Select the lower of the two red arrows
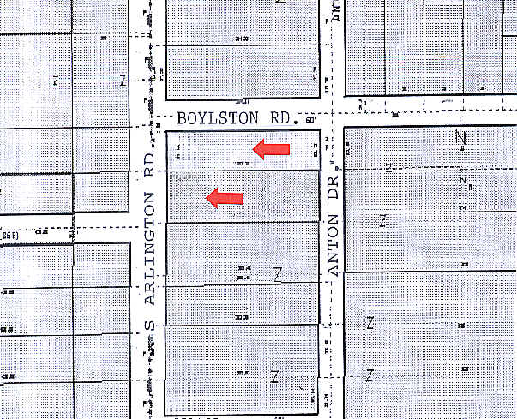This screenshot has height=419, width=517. tap(225, 199)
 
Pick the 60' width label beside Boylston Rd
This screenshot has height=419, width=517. tap(310, 120)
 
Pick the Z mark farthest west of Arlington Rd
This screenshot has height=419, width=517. tap(57, 81)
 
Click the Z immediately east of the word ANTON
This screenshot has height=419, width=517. tap(383, 221)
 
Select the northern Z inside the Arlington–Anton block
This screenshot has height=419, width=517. tap(277, 274)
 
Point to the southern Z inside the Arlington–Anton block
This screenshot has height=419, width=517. tap(274, 376)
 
